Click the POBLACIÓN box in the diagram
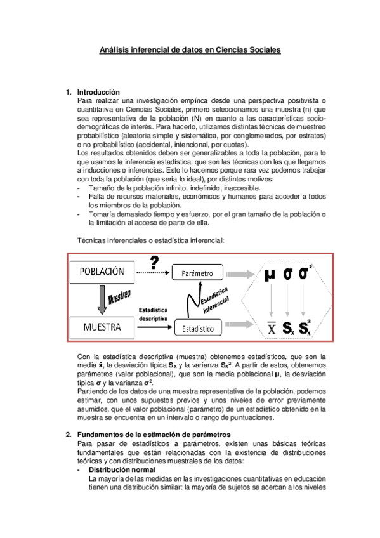click(x=102, y=272)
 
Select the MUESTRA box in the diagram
click(x=102, y=327)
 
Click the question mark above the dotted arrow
click(x=153, y=262)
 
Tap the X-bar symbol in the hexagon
click(x=271, y=328)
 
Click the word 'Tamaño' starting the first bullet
click(x=100, y=188)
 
